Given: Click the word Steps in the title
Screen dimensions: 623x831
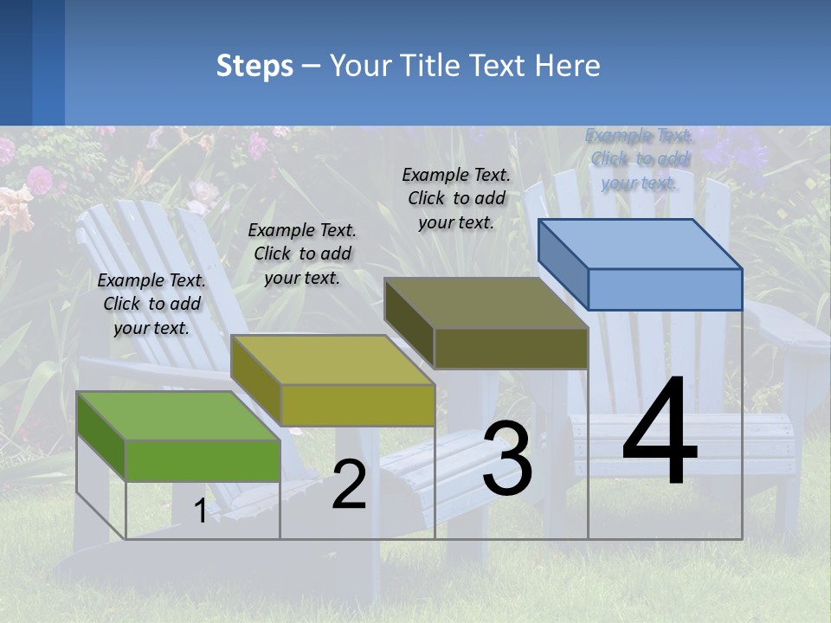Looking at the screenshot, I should click(x=254, y=66).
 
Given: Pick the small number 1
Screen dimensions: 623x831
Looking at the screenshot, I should click(x=200, y=511).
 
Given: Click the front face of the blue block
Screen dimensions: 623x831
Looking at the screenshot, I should click(x=665, y=289).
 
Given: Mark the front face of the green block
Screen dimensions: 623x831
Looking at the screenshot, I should click(x=203, y=460).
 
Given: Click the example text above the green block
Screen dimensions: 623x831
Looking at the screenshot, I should click(x=151, y=304).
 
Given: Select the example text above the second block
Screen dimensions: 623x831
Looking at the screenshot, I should click(x=302, y=254).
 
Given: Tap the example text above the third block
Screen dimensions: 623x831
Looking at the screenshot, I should click(x=456, y=198).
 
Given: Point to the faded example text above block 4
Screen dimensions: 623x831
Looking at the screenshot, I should click(x=640, y=158).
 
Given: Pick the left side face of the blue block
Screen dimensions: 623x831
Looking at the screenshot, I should click(x=563, y=264).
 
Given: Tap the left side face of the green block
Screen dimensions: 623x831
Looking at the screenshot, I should click(x=101, y=436).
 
